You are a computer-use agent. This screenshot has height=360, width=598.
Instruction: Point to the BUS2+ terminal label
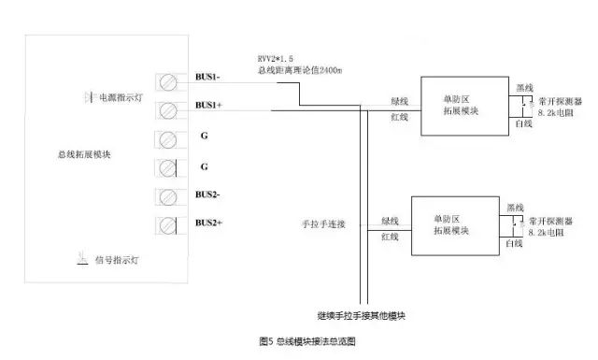208,223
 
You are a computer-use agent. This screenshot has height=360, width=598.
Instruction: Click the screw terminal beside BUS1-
169,81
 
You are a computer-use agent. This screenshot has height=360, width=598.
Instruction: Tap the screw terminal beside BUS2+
169,224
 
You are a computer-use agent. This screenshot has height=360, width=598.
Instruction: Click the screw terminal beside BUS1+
169,110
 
